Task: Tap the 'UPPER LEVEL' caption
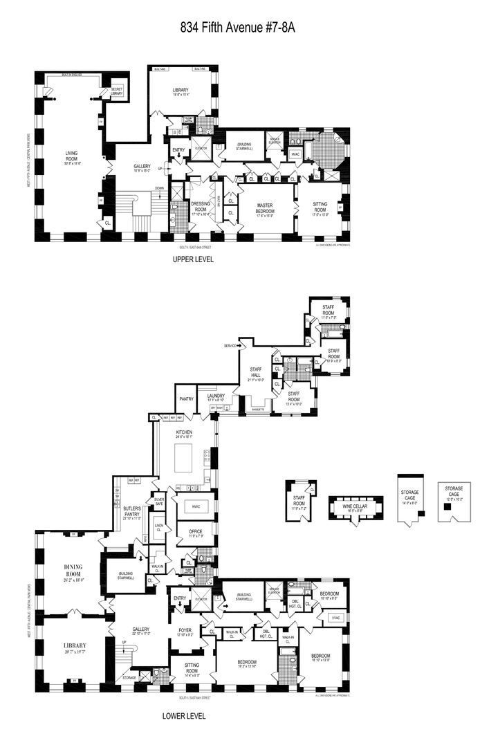[x=193, y=259]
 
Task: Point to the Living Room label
[x=72, y=158]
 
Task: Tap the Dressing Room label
[x=201, y=205]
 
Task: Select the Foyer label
[x=185, y=631]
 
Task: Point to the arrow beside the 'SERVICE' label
[x=240, y=345]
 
